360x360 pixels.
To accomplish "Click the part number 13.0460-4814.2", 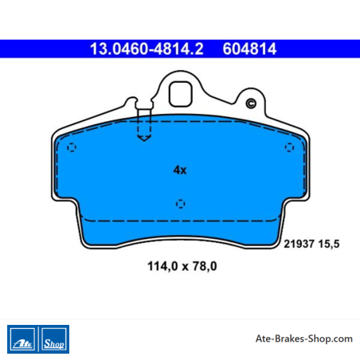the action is (147, 49).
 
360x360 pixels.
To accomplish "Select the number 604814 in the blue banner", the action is (249, 49).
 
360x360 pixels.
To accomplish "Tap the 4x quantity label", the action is (180, 170).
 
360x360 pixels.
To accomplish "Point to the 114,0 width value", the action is (162, 266).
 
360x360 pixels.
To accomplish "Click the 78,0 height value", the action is (205, 266).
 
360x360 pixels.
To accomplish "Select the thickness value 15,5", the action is (329, 244).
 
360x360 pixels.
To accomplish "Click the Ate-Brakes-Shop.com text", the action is (304, 338).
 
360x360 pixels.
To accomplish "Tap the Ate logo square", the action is (22, 339).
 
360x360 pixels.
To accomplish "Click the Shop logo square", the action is (54, 339).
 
